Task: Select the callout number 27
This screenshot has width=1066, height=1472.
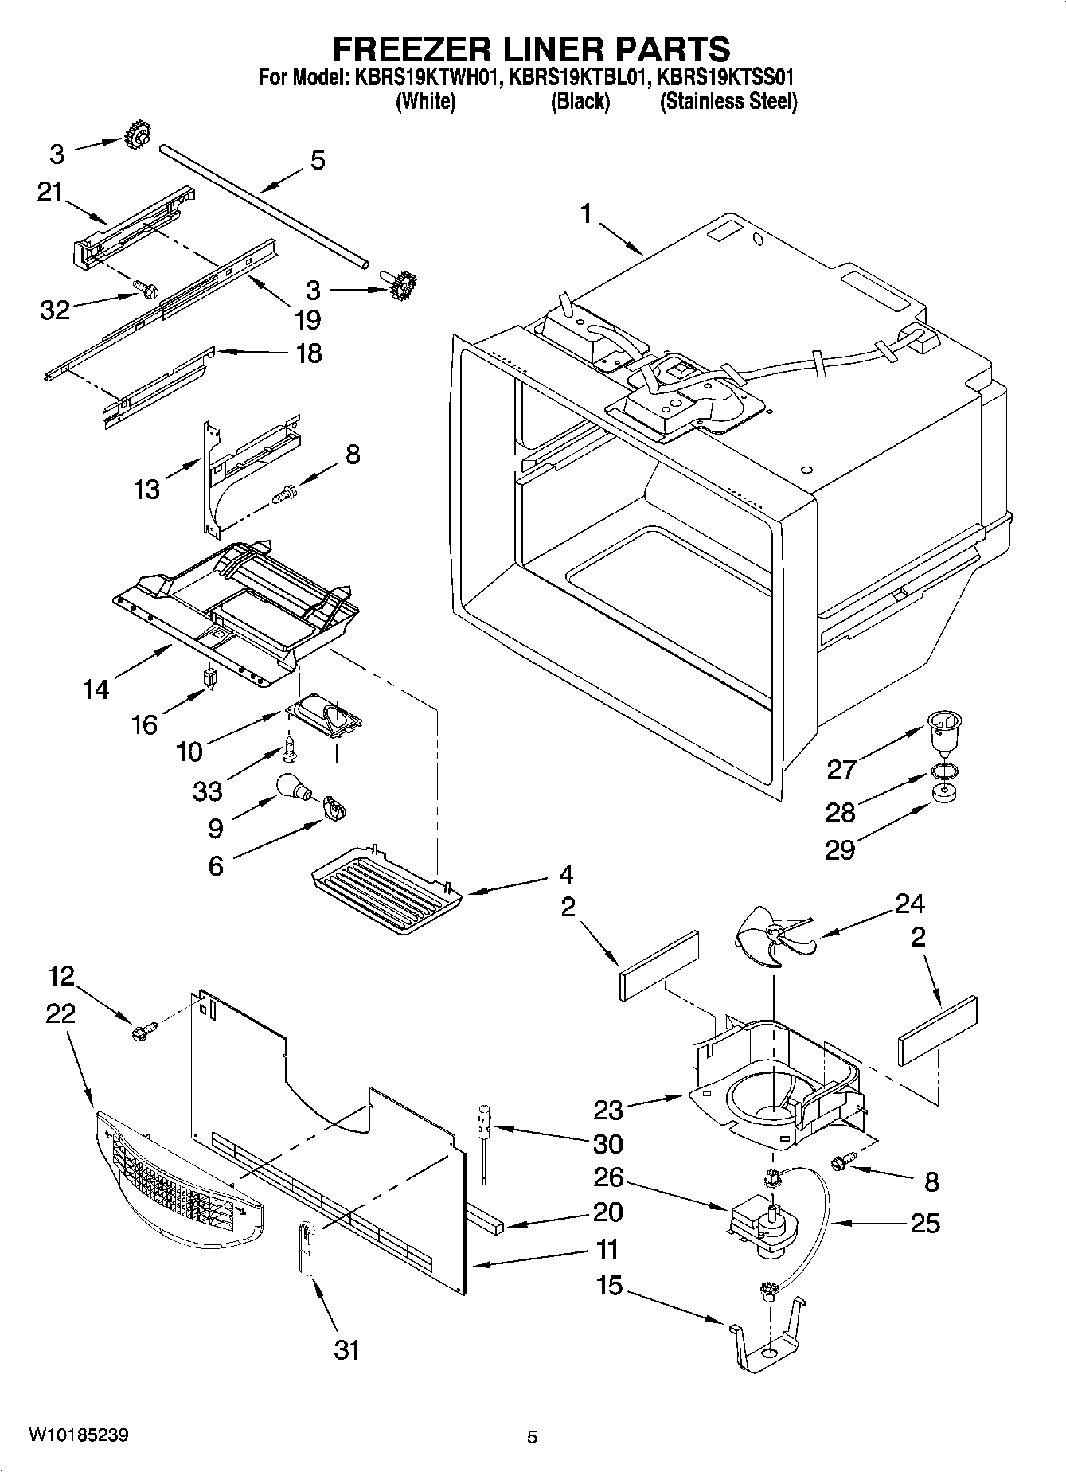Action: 841,769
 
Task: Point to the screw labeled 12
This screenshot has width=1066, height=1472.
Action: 143,1032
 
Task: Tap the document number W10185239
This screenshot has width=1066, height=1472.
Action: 79,1435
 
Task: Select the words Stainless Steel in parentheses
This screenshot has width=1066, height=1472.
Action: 728,102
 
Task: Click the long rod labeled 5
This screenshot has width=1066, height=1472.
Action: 263,204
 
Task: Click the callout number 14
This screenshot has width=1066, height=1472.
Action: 96,689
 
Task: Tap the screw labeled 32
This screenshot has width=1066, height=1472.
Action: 143,288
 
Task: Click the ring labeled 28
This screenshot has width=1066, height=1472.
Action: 943,771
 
